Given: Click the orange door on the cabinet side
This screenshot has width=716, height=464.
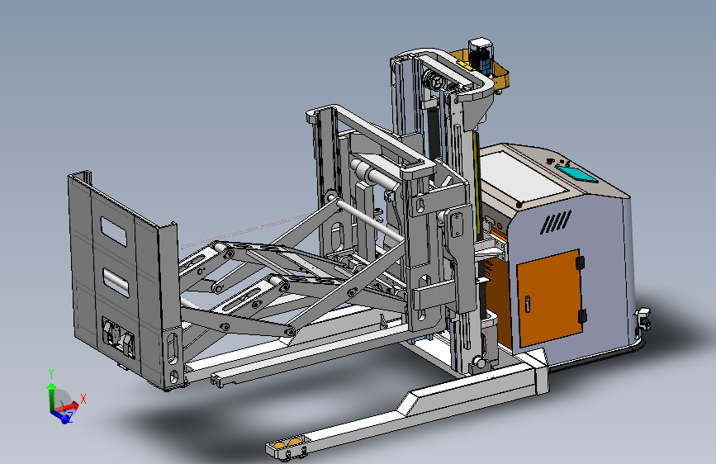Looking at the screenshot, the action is pyautogui.click(x=550, y=298).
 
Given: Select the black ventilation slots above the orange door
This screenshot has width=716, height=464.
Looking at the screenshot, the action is pyautogui.click(x=556, y=222).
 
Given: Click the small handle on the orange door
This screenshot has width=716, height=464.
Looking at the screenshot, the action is pyautogui.click(x=528, y=304).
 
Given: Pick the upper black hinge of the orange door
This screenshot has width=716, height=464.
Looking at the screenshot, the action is pyautogui.click(x=580, y=263).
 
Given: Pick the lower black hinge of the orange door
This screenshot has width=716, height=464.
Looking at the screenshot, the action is pyautogui.click(x=581, y=316).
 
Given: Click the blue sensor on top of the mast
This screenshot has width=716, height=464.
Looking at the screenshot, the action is pyautogui.click(x=481, y=54).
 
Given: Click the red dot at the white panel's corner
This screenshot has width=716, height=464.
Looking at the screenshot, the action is pyautogui.click(x=519, y=205).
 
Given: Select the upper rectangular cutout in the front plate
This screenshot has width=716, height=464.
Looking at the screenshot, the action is pyautogui.click(x=114, y=231).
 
